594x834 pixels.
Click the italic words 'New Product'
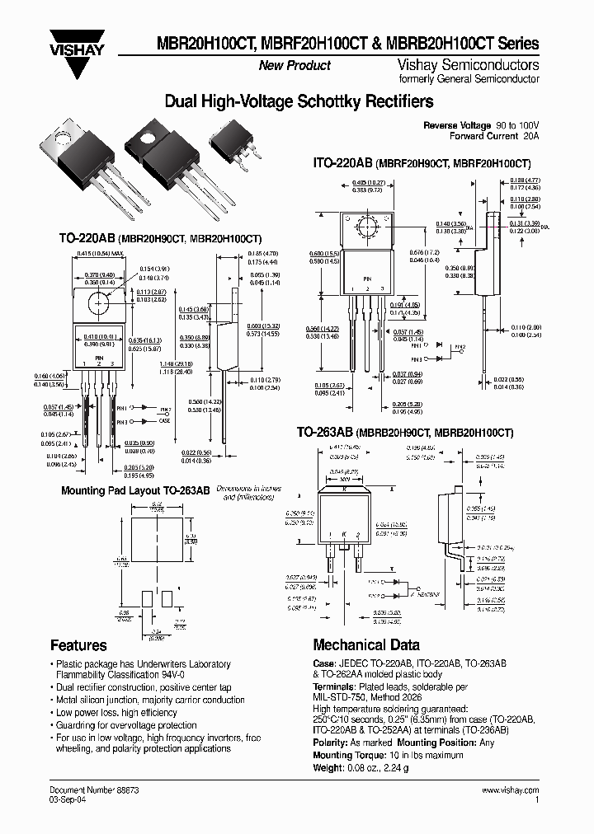point(295,65)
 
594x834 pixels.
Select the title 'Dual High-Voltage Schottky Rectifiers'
point(299,102)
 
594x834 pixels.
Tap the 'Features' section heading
point(78,645)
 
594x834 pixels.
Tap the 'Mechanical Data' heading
point(365,645)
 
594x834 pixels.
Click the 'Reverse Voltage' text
point(456,125)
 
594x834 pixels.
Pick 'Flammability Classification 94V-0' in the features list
point(119,675)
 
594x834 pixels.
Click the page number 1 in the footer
point(537,799)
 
